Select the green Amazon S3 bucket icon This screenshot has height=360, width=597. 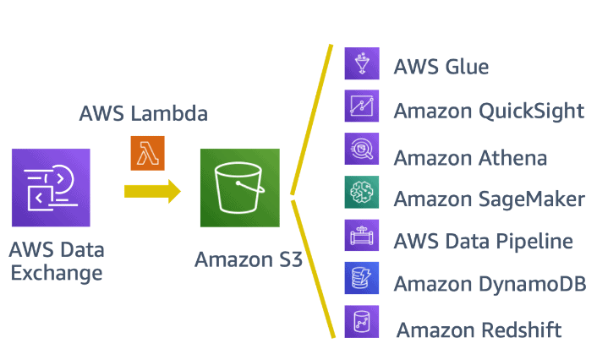click(239, 188)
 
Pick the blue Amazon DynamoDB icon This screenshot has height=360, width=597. click(361, 279)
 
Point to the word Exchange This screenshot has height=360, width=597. click(56, 272)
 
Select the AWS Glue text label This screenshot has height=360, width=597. click(441, 67)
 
